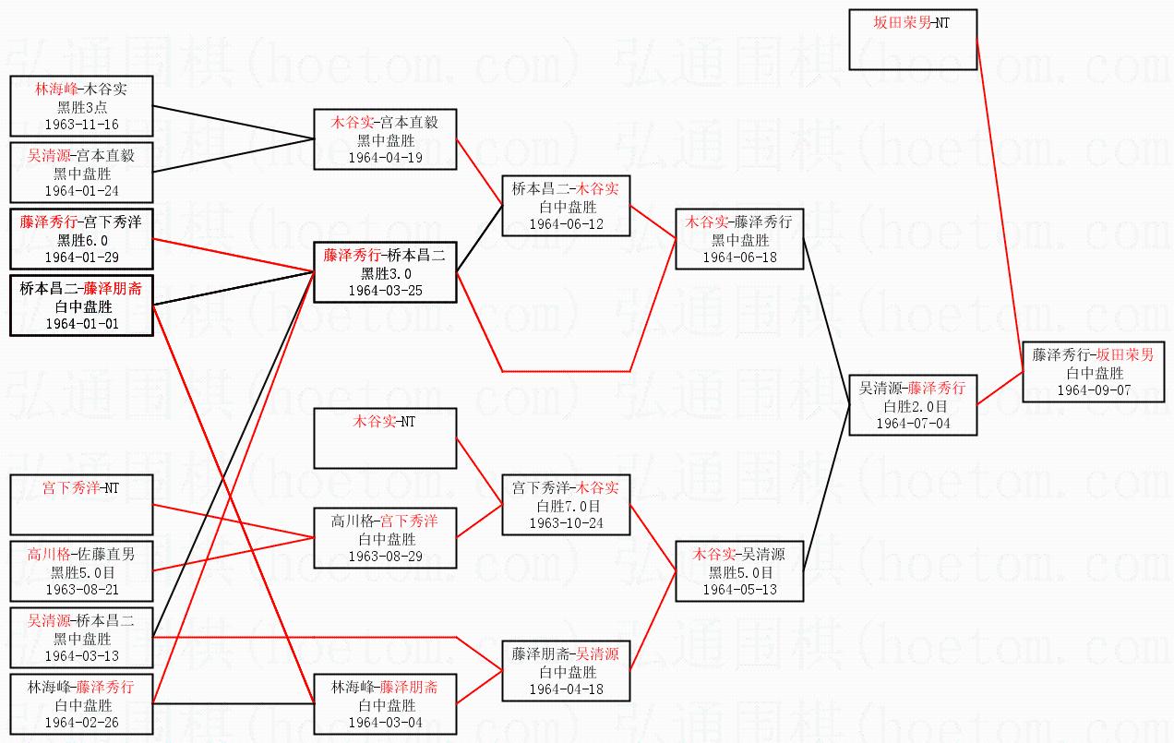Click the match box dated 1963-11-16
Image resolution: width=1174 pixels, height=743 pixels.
(x=80, y=106)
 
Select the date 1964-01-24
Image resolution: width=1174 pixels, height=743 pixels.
(x=80, y=190)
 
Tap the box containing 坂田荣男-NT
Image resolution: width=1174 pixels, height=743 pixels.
(x=912, y=40)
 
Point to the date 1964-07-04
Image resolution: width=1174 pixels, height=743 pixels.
(x=912, y=424)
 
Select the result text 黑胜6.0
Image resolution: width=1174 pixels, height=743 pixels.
(x=82, y=240)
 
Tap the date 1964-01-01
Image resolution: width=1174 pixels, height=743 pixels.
(x=80, y=324)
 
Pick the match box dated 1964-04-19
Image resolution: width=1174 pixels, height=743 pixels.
(x=385, y=139)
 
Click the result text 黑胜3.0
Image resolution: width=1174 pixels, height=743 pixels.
(x=385, y=273)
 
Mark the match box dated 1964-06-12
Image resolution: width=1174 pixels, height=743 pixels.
(x=566, y=206)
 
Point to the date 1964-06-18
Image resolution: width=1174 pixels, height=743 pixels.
(x=739, y=258)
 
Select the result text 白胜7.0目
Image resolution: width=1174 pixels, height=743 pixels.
(x=567, y=506)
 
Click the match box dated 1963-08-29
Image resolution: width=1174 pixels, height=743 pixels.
(x=385, y=538)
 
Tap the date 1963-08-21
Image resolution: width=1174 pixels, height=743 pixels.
(x=80, y=589)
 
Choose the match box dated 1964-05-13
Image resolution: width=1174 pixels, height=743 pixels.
(x=739, y=571)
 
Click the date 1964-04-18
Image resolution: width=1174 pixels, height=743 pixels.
(x=566, y=689)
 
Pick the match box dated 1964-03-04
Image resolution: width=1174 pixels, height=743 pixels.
(x=385, y=704)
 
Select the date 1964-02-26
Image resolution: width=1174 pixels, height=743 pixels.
(x=80, y=722)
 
